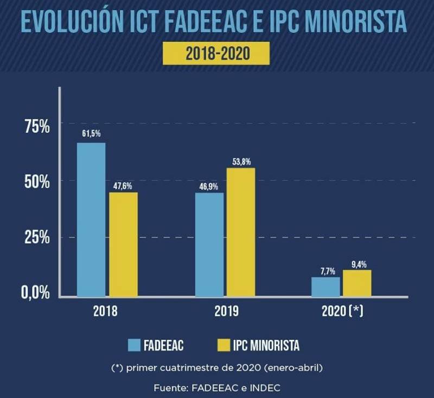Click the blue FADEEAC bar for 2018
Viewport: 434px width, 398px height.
91,219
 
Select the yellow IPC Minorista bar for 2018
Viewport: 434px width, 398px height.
123,244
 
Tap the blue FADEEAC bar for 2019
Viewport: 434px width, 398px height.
209,244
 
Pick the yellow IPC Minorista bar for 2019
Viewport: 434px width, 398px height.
240,232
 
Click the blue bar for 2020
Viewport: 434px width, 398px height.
325,287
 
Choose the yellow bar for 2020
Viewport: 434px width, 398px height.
357,283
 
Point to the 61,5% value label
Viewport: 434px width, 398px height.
91,133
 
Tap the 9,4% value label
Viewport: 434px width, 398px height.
358,265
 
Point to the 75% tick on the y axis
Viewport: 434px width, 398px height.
37,127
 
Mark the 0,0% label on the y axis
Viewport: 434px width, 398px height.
36,293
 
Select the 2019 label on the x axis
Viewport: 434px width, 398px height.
225,312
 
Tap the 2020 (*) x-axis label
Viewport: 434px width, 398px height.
342,312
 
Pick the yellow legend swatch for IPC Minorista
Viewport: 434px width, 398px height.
224,344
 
